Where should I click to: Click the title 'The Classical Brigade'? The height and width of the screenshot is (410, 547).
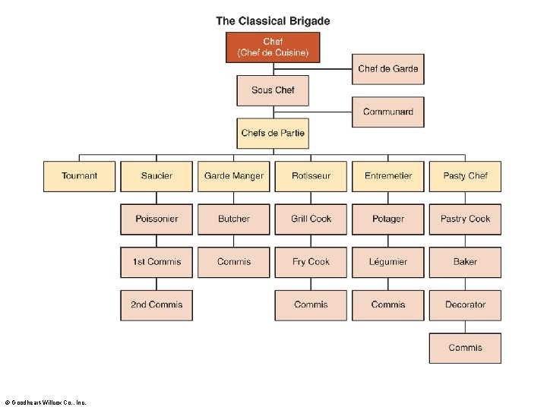tap(273, 21)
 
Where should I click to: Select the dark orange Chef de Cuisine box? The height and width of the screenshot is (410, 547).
tap(273, 47)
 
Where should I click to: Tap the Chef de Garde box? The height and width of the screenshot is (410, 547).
tap(387, 69)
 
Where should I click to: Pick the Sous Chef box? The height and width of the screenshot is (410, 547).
tap(273, 90)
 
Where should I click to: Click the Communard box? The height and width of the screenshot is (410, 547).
tap(387, 112)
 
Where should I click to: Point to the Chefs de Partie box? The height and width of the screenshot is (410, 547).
tap(273, 134)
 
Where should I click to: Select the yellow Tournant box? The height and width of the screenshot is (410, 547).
tap(80, 176)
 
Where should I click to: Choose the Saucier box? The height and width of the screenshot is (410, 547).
tap(157, 176)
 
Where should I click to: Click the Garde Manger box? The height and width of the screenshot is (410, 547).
tap(234, 176)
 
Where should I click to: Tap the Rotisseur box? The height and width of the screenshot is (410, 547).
tap(311, 176)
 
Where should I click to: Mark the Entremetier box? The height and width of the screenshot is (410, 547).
tap(388, 176)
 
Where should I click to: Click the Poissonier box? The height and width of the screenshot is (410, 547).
tap(157, 219)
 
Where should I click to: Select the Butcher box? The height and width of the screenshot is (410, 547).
tap(234, 219)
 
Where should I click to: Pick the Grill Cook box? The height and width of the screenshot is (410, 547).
tap(311, 219)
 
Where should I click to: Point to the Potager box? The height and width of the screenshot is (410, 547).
tap(388, 219)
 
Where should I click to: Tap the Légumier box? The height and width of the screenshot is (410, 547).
tap(388, 262)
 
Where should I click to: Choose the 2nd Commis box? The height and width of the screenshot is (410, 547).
tap(157, 305)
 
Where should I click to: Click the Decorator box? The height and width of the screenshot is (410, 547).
tap(465, 305)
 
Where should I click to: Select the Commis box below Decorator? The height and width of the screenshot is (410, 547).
tap(465, 348)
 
